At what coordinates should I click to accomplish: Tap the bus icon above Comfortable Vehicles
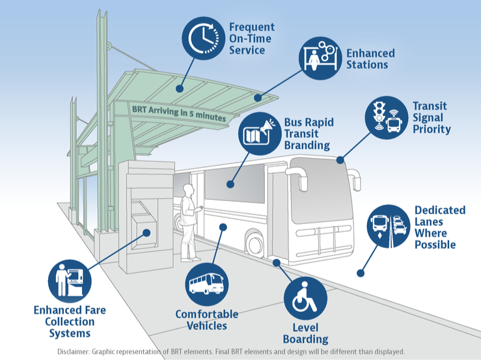click(207, 284)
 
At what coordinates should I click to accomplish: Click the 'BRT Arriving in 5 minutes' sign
click(179, 113)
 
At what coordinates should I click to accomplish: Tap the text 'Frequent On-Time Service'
click(251, 38)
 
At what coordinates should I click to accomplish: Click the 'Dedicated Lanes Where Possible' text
click(439, 227)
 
